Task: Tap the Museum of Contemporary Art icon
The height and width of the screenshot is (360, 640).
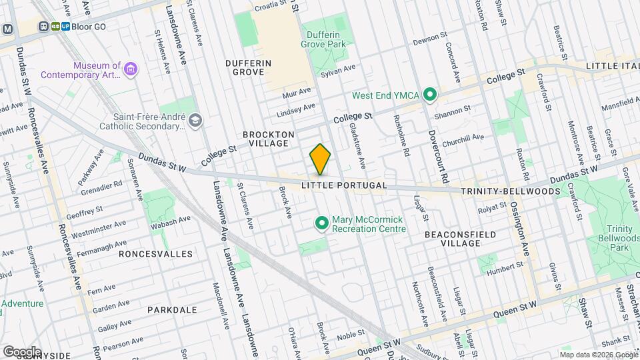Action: click(131, 69)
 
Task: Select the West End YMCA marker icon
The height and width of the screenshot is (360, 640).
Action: click(430, 95)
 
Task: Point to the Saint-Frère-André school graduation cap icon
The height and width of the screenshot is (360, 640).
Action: click(195, 120)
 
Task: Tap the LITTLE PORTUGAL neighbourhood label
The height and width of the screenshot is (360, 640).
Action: click(343, 185)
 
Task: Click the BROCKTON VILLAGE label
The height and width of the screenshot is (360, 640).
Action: click(269, 139)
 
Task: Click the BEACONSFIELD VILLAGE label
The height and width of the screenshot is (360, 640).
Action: click(453, 239)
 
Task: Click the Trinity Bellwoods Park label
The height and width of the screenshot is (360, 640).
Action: click(619, 238)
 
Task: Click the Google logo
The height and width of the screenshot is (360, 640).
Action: click(21, 351)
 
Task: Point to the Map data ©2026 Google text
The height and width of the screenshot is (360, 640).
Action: click(598, 354)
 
